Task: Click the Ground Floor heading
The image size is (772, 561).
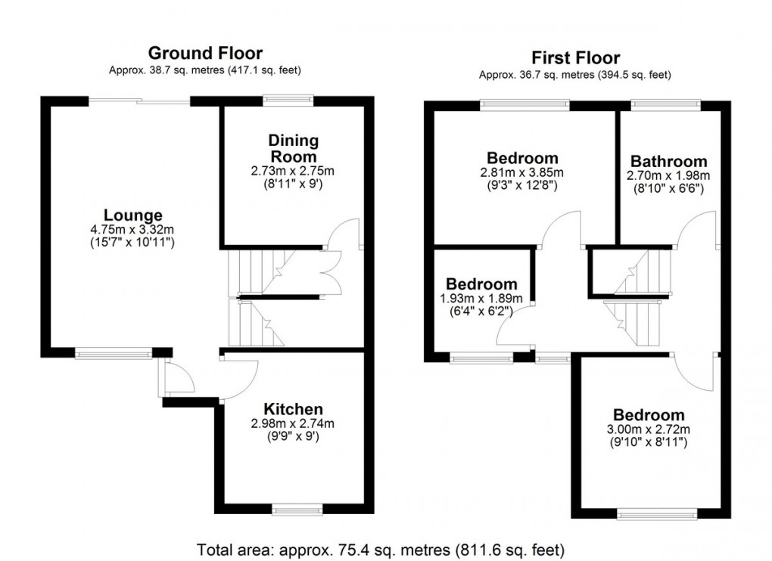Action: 205,53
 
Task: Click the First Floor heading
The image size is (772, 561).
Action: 575,57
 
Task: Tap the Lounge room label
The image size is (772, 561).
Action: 133,215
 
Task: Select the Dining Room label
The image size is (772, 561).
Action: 293,148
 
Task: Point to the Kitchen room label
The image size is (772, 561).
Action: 294,409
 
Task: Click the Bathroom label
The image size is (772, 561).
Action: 668,161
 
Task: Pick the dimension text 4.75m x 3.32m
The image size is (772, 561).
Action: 133,229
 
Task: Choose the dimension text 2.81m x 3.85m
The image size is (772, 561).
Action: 522,172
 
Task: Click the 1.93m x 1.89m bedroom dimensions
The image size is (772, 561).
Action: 481,298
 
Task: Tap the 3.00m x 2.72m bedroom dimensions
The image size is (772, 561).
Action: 649,429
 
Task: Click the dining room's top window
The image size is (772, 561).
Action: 288,99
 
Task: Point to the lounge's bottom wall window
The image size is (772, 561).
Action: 114,352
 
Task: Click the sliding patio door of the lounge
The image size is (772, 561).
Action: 139,101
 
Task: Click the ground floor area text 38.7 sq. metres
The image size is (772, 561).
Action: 205,71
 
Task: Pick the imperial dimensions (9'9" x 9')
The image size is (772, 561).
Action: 294,436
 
